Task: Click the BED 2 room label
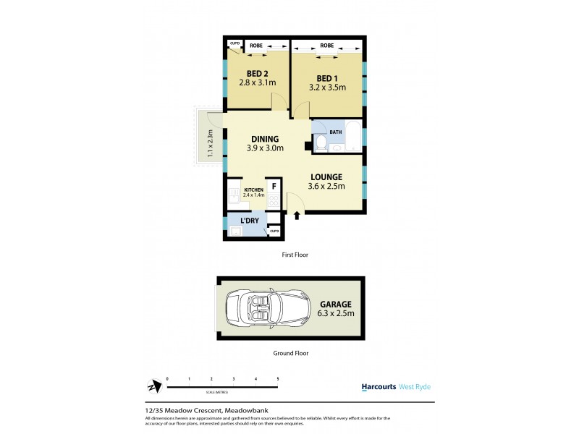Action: coord(256,74)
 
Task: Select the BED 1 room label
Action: coord(326,77)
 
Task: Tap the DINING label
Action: coord(266,140)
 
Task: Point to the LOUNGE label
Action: coord(326,176)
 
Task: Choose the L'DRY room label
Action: coord(240,221)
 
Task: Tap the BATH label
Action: coord(336,132)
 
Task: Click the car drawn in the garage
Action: coord(261,310)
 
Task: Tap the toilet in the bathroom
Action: coord(324,142)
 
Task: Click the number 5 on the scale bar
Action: coord(278,379)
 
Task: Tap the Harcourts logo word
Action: coord(379,387)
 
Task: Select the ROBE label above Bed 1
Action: coord(327,45)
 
